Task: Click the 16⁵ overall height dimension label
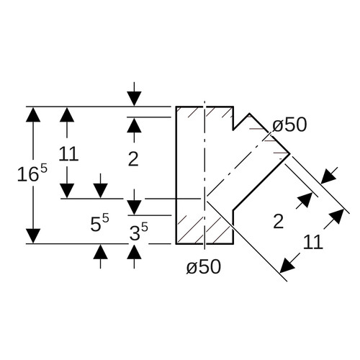tap(32, 173)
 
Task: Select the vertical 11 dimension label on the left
tap(68, 153)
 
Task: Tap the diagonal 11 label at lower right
tap(312, 242)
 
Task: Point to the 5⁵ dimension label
tap(99, 223)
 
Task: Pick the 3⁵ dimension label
tap(139, 232)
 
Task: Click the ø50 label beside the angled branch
tap(289, 125)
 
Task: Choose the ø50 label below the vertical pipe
tap(204, 266)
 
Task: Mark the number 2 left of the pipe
tap(133, 159)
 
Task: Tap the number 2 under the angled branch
tap(279, 221)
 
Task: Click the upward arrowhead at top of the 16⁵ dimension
tap(33, 114)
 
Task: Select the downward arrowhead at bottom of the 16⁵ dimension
tap(33, 236)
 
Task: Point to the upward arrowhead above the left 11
tap(67, 114)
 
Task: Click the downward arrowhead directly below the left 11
tap(67, 191)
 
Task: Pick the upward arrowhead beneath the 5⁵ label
tap(100, 252)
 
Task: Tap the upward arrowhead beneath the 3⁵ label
tap(134, 252)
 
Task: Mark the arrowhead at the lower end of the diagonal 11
tap(287, 266)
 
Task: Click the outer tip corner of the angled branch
tap(290, 153)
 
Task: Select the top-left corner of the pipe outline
tap(176, 107)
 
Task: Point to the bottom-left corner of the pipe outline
tap(176, 243)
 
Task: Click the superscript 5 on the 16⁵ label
tap(44, 169)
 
